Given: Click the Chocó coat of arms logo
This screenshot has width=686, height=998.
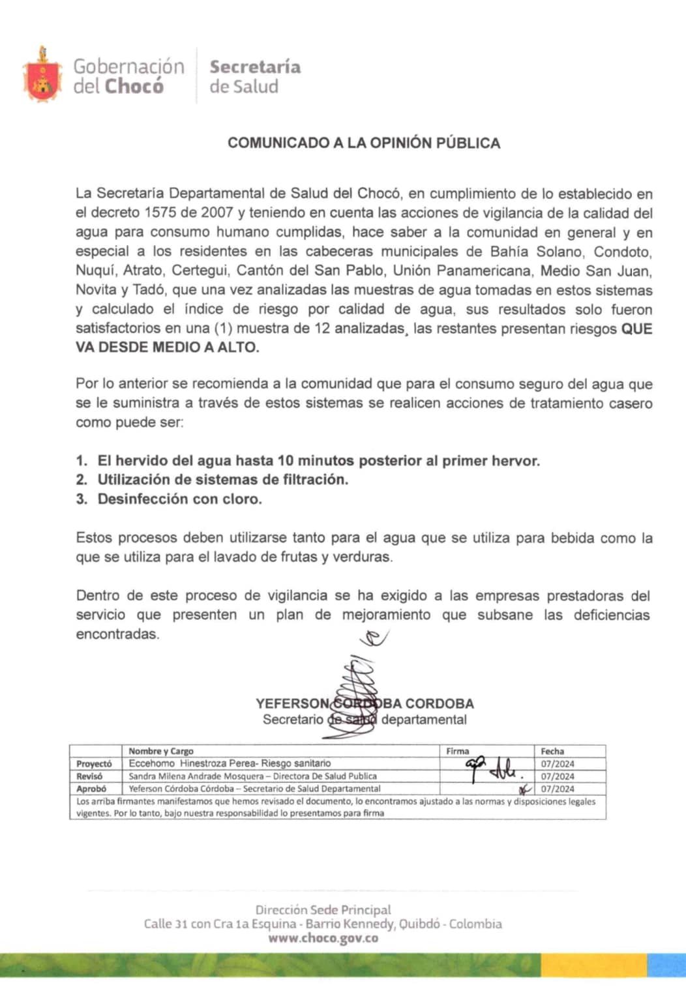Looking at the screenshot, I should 42,76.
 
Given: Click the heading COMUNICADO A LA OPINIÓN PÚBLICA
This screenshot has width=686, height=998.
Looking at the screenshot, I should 364,143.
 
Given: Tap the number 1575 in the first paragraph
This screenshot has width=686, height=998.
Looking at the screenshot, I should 161,213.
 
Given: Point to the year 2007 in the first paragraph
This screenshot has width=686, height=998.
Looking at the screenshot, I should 217,213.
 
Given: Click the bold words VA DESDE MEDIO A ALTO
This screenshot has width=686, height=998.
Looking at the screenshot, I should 168,347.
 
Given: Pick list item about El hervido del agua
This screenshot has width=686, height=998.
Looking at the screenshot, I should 318,461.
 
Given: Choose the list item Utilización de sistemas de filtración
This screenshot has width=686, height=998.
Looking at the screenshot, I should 222,480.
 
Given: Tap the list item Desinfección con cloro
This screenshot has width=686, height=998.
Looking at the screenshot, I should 179,499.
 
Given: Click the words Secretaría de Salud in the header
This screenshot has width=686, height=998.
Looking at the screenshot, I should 254,76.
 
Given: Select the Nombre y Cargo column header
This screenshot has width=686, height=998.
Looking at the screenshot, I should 160,751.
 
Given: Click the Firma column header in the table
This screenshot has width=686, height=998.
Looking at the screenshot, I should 458,751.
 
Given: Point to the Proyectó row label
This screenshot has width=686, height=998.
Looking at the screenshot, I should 94,763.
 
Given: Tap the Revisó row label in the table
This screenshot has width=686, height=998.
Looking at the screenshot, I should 90,776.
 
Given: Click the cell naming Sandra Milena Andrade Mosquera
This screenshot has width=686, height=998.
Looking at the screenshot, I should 252,776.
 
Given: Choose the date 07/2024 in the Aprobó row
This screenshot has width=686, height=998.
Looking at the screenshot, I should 558,789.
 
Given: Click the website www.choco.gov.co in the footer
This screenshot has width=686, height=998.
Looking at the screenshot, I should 323,939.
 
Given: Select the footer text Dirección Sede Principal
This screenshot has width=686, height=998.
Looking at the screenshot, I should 323,910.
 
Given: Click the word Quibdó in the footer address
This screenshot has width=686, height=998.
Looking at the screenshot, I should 419,924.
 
